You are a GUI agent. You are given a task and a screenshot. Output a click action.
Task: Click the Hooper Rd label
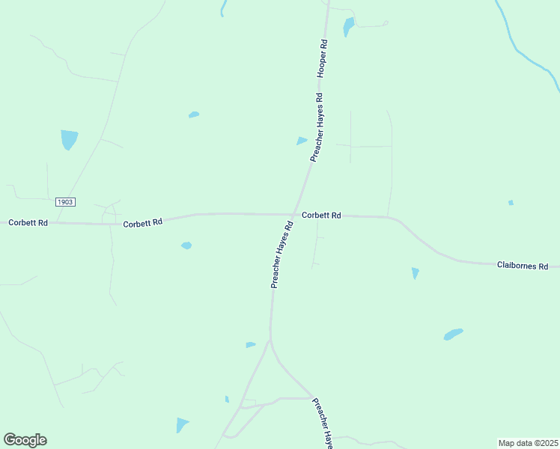tap(323, 58)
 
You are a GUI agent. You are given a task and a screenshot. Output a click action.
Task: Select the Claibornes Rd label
tap(523, 266)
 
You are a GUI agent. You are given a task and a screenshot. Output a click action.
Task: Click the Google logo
tap(25, 440)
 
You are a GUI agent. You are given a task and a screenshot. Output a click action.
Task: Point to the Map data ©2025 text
tap(529, 442)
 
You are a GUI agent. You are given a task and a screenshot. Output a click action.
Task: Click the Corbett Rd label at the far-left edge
tap(28, 223)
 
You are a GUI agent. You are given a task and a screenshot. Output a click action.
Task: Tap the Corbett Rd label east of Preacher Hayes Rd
tap(321, 216)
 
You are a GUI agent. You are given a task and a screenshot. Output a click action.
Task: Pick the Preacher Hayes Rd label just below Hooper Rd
tap(317, 128)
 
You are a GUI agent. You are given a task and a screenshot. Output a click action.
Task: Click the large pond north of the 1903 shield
tap(69, 138)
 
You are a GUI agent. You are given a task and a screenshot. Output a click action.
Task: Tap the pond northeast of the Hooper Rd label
tap(348, 27)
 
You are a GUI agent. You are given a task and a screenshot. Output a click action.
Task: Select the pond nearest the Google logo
tap(182, 425)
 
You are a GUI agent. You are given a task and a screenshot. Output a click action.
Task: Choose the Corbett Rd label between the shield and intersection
tap(142, 223)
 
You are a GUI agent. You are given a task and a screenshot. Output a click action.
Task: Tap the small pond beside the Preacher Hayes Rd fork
tap(250, 345)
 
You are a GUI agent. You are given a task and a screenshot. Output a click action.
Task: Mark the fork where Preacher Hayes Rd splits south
tap(271, 341)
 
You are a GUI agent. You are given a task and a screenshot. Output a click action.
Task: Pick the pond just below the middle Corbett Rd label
tap(186, 245)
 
